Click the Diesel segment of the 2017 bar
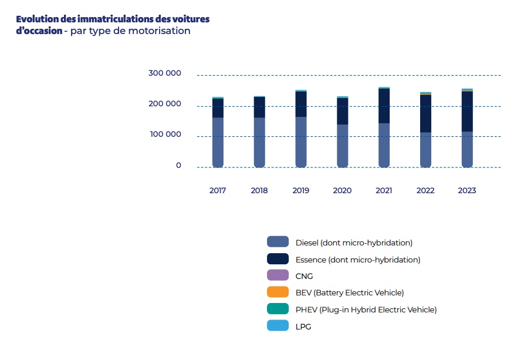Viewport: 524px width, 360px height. point(218,142)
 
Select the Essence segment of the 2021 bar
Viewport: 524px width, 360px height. point(384,106)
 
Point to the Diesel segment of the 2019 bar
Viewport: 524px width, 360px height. point(301,142)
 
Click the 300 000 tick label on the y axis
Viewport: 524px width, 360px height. point(164,73)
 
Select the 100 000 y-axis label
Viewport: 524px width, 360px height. point(164,134)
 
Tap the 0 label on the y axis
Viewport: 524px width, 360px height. point(178,166)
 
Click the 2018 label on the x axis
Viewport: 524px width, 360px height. point(259,191)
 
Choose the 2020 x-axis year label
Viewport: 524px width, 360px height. point(342,191)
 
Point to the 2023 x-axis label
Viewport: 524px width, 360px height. point(467,191)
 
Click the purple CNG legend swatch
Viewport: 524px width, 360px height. point(278,275)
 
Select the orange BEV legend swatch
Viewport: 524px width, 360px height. point(278,292)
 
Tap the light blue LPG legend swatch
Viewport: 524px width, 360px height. point(278,325)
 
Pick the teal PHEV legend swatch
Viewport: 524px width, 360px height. point(278,309)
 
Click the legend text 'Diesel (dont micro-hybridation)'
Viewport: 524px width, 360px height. point(354,243)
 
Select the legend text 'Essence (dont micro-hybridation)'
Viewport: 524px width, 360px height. point(357,259)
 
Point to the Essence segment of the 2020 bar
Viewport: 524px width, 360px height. point(342,111)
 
